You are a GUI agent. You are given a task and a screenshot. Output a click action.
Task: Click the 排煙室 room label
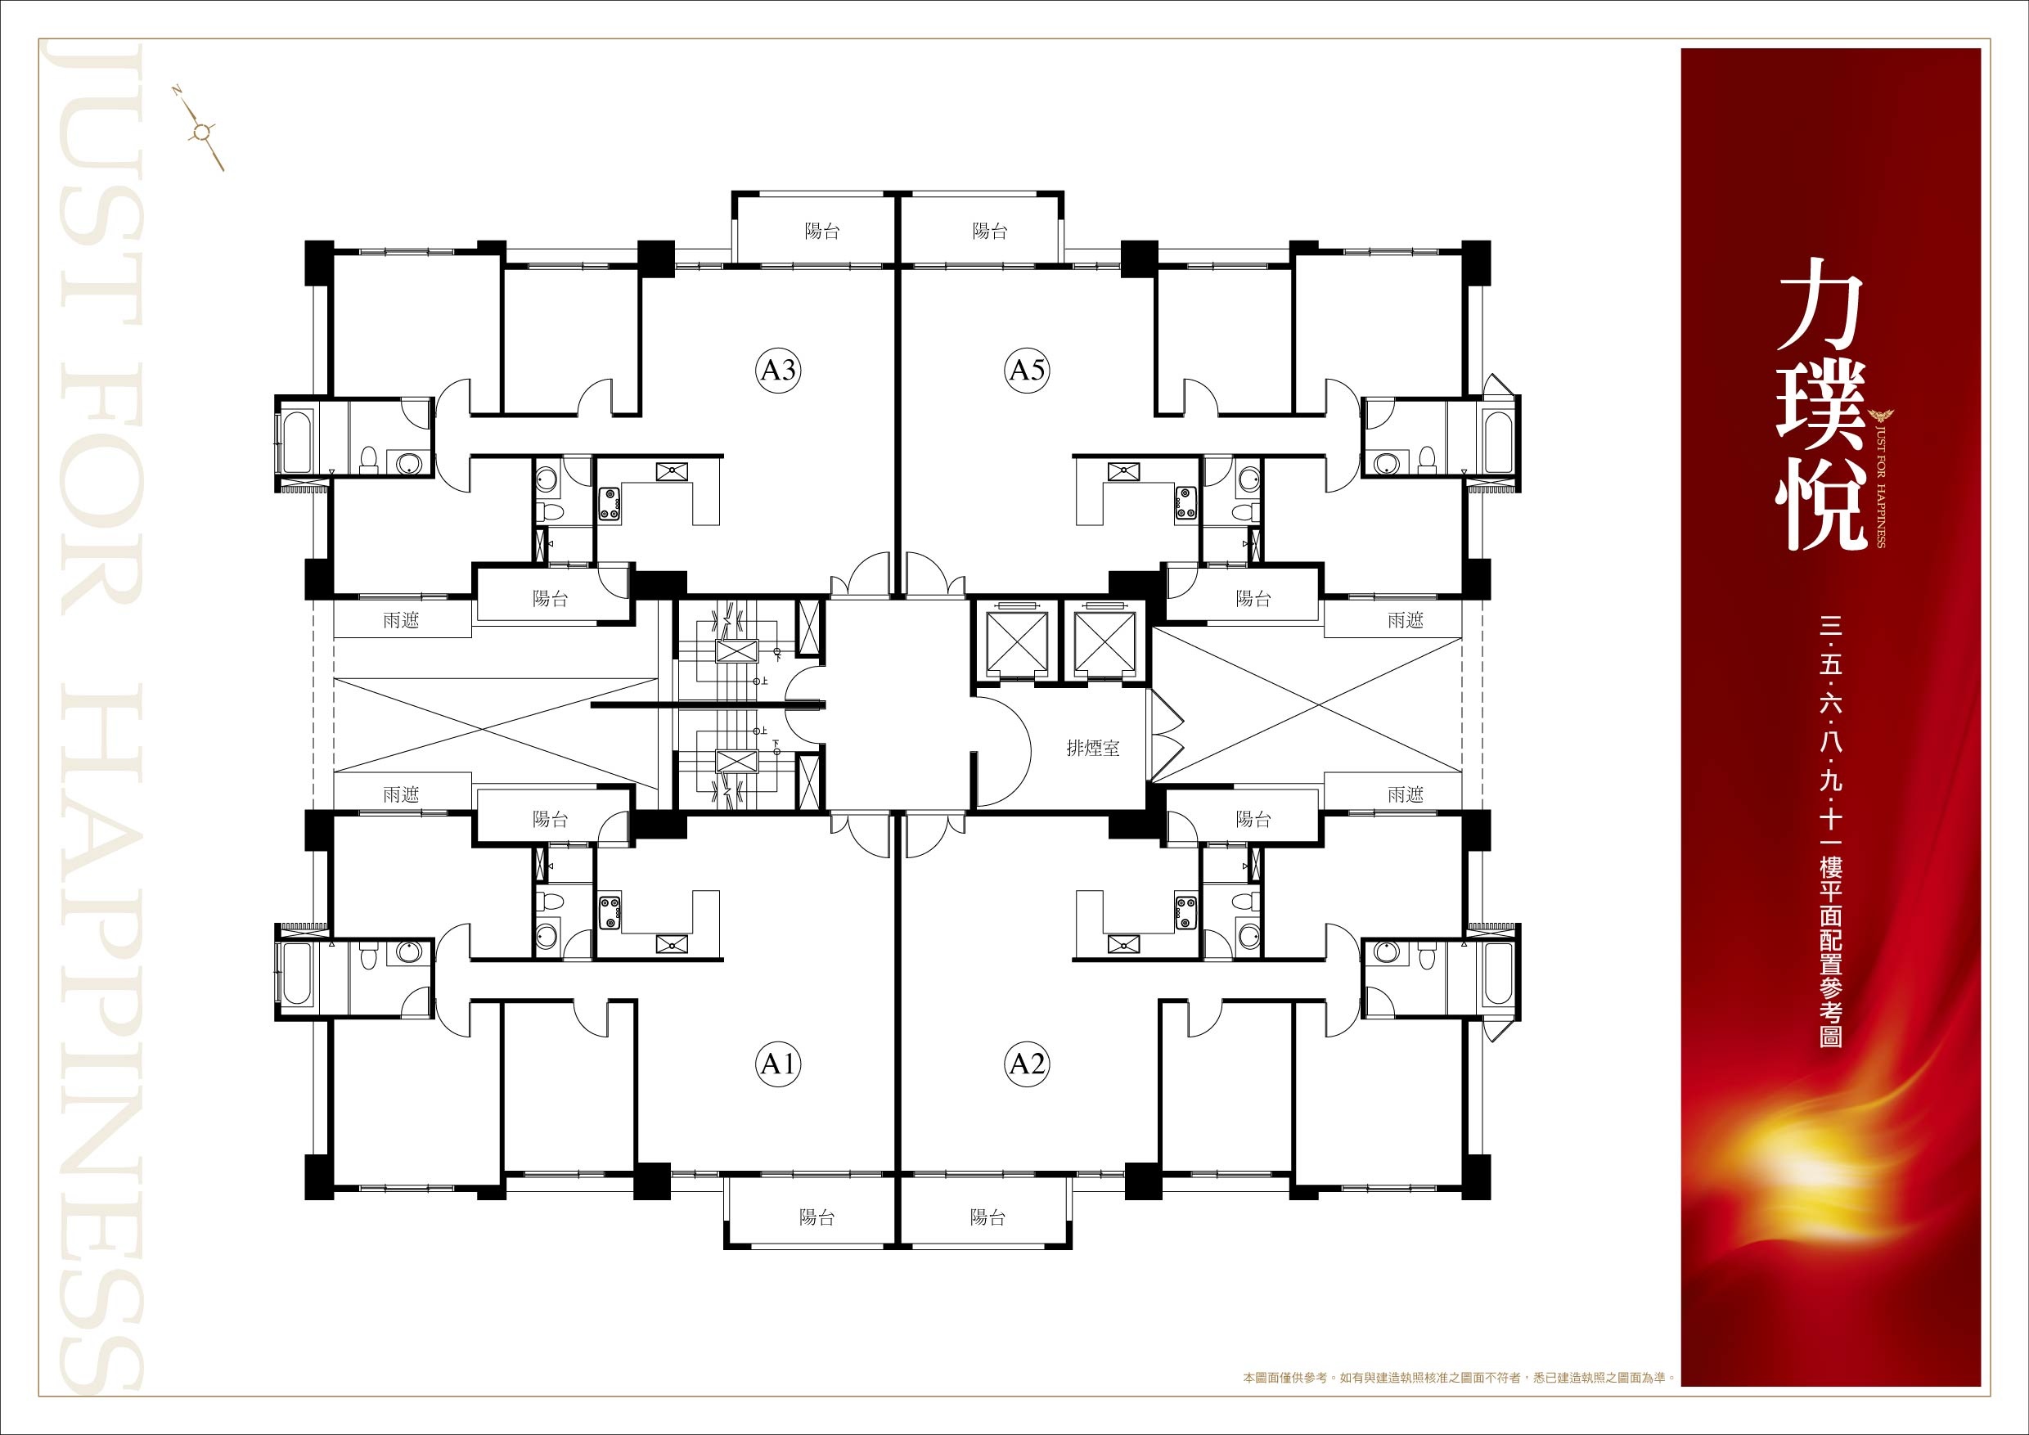click(x=1093, y=749)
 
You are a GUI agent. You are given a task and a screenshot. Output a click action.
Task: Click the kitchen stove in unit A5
click(x=1184, y=503)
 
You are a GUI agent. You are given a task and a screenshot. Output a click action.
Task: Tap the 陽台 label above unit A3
click(x=821, y=232)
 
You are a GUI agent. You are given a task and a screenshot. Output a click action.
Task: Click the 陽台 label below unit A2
click(x=988, y=1217)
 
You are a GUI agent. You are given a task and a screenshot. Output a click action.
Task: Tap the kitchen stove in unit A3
click(x=610, y=503)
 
